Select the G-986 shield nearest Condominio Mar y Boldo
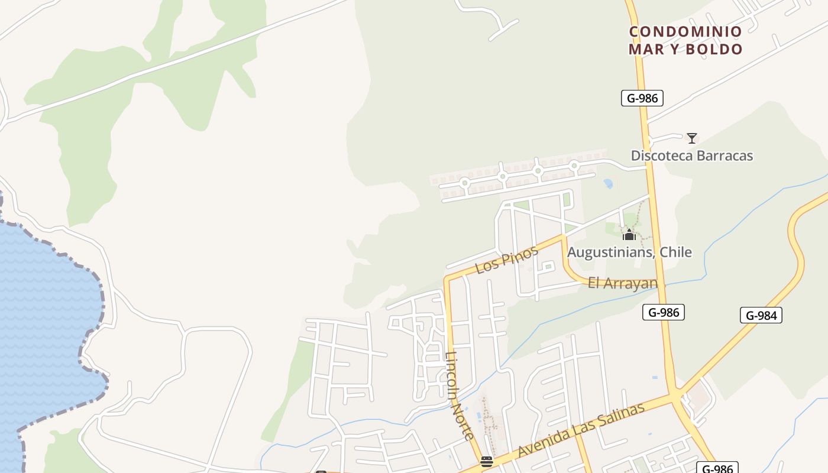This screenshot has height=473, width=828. pos(642,98)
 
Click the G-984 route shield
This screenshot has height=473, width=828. pos(761,315)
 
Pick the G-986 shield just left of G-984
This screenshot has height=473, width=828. pos(663,312)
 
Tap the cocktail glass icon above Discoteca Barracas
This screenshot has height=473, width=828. pos(691,138)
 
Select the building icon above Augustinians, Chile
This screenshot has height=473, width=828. pos(629,235)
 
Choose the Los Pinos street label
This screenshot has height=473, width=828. pos(506,260)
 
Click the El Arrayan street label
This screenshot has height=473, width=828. pos(623,283)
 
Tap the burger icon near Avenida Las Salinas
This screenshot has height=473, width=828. pos(487,462)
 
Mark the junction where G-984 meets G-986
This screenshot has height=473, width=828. pos(674,394)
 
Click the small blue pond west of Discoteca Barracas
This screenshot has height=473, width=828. pos(608,184)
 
